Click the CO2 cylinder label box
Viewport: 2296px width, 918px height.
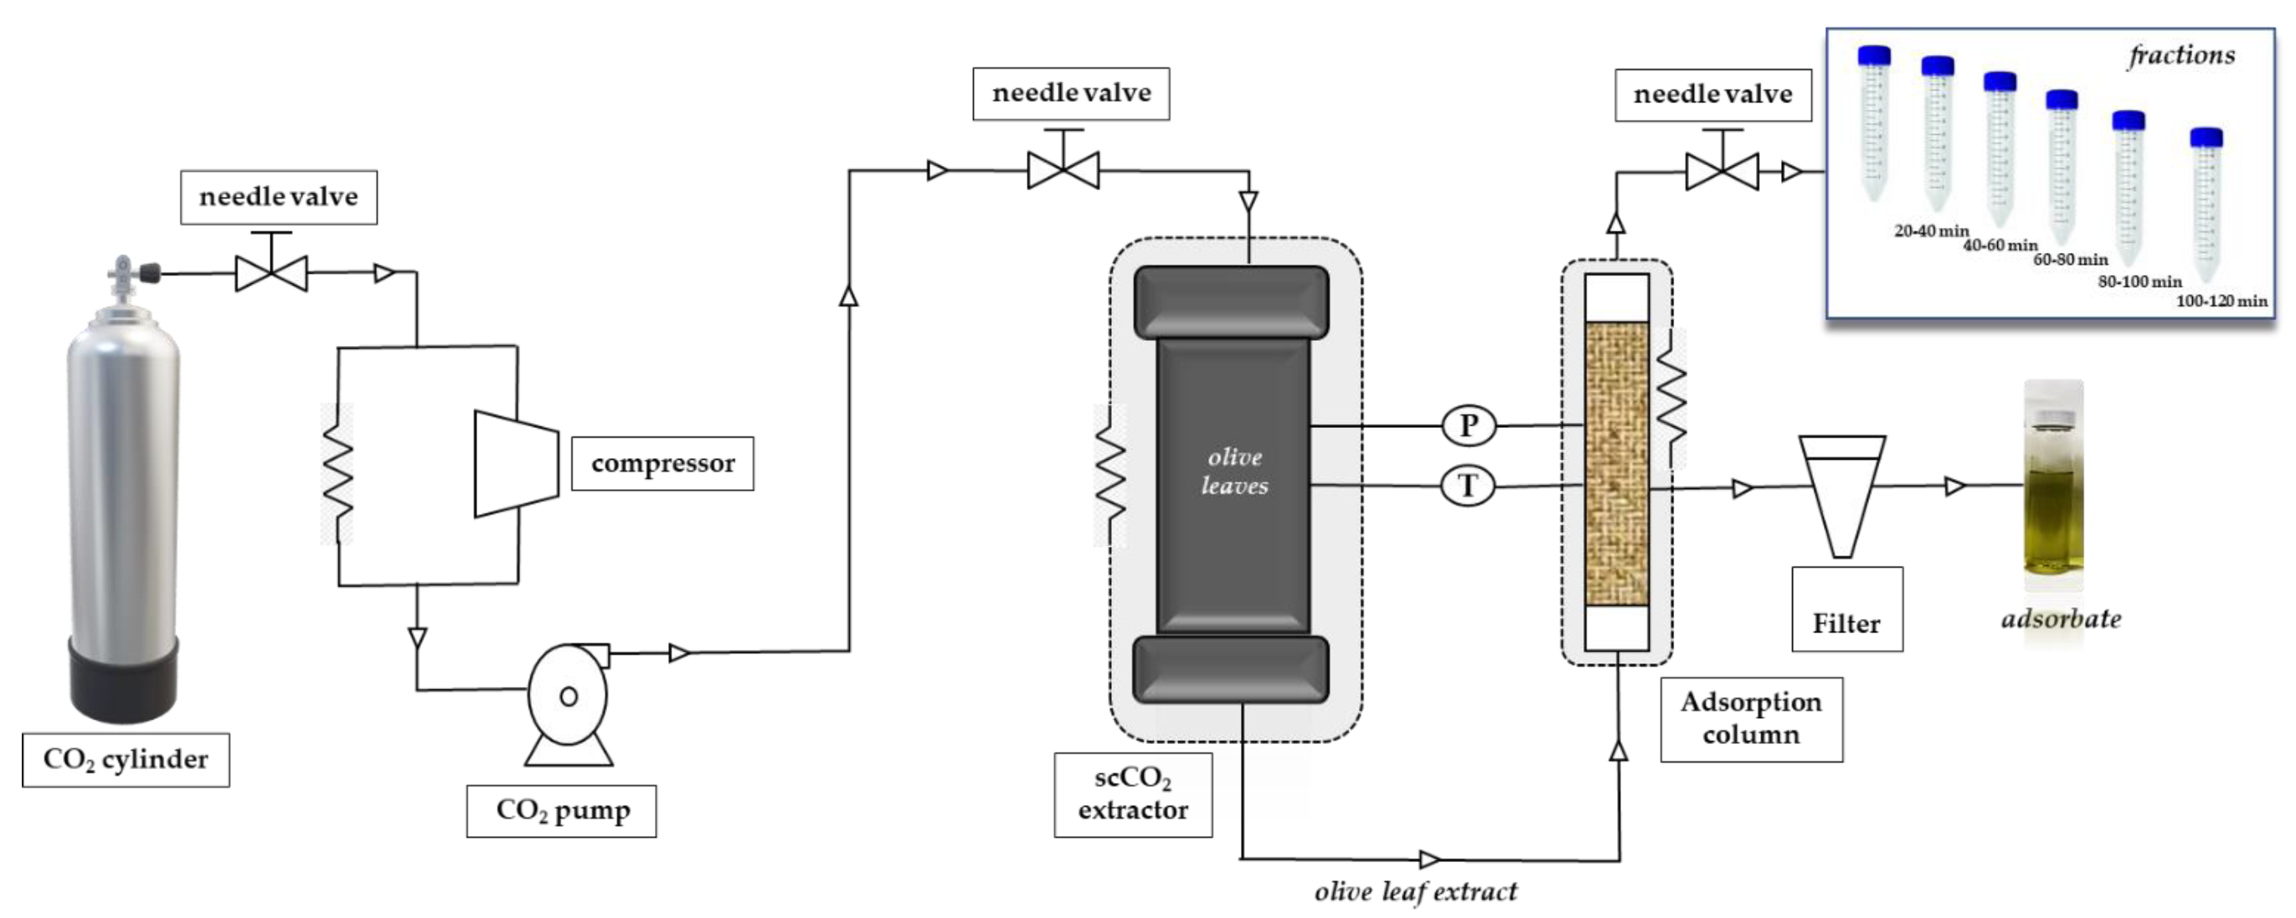pos(126,760)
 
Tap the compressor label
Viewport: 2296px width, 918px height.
pos(662,463)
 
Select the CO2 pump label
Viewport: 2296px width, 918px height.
pos(562,811)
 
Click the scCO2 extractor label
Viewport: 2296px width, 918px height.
pos(1133,795)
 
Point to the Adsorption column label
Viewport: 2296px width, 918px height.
pos(1752,719)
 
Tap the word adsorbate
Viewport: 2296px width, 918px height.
pos(2061,618)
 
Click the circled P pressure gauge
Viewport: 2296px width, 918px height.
pos(1468,425)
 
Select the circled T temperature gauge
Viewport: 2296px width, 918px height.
pos(1468,486)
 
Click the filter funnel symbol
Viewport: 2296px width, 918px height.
pos(1841,496)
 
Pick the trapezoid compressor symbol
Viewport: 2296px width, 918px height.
pos(517,463)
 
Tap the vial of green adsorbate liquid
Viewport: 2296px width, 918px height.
pos(2053,486)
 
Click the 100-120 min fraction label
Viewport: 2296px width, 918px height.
pos(2221,302)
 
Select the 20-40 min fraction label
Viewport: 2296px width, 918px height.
pos(1932,231)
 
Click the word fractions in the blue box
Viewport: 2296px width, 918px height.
pos(2182,55)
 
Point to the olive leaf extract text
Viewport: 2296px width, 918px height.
pos(1415,892)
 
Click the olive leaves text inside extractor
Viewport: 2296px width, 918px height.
pos(1234,472)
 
